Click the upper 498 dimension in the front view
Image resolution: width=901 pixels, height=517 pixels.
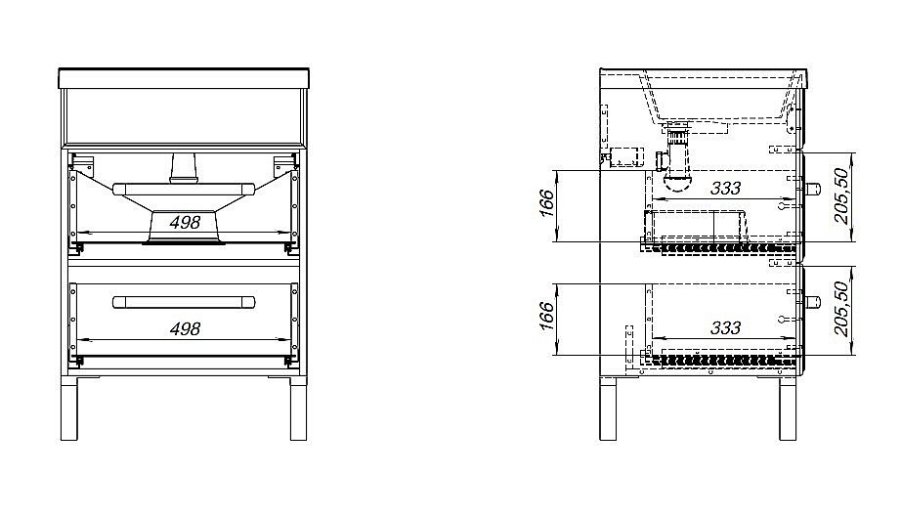[185, 222]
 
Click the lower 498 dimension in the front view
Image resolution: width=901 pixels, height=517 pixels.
[185, 328]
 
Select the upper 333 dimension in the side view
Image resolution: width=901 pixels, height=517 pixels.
[726, 188]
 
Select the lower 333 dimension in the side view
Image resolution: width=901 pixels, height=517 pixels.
[726, 327]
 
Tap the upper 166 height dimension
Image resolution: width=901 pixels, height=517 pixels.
[546, 202]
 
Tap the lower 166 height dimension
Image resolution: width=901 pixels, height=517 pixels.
[546, 316]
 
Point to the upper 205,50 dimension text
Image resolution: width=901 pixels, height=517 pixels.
[841, 195]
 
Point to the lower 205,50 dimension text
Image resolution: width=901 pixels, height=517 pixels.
[841, 309]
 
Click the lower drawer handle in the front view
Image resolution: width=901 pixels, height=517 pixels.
[184, 302]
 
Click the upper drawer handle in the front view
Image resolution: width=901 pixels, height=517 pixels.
[184, 189]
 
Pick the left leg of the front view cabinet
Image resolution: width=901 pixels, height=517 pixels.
[69, 409]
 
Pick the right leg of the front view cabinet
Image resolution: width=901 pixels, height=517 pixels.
[298, 409]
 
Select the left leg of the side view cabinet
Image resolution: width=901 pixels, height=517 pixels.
[608, 409]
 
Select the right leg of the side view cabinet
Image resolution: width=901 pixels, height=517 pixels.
[788, 409]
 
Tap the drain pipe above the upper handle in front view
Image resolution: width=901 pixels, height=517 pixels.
[184, 168]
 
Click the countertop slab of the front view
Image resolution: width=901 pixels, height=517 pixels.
[184, 79]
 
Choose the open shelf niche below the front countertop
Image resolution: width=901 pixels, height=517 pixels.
[184, 116]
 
